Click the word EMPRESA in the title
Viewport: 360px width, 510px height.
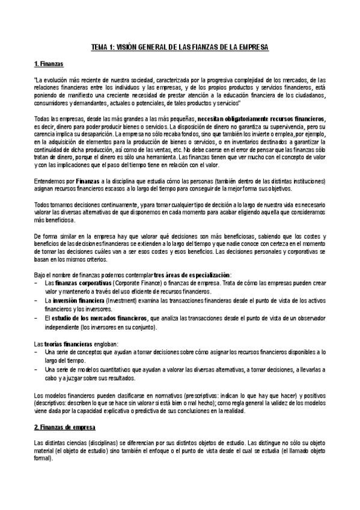(252, 46)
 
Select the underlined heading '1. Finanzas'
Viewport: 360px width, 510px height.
(49, 63)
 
